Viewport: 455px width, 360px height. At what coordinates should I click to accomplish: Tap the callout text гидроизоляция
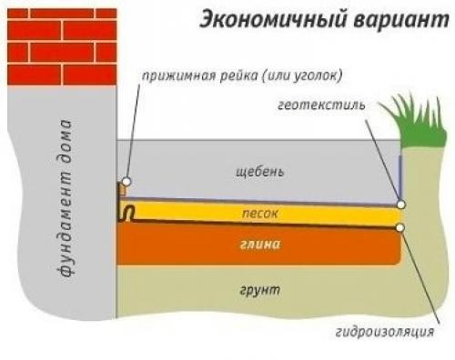[x=397, y=333]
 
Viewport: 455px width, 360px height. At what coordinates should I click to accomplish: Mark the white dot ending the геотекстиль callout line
[x=401, y=206]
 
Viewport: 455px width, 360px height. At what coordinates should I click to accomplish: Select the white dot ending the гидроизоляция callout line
[x=401, y=226]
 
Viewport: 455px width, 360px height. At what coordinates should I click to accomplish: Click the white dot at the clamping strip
[x=126, y=182]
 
